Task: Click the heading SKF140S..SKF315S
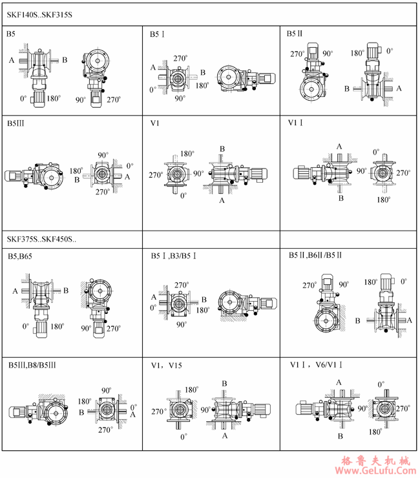point(39,15)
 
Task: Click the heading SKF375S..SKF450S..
point(41,239)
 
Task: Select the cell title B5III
point(16,123)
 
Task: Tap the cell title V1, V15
point(167,365)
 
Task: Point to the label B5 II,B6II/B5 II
point(315,255)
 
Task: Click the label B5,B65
point(20,256)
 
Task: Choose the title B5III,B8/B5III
point(32,365)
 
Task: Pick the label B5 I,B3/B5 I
point(174,256)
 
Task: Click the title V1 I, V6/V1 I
point(316,364)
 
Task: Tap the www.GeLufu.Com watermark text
point(376,471)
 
